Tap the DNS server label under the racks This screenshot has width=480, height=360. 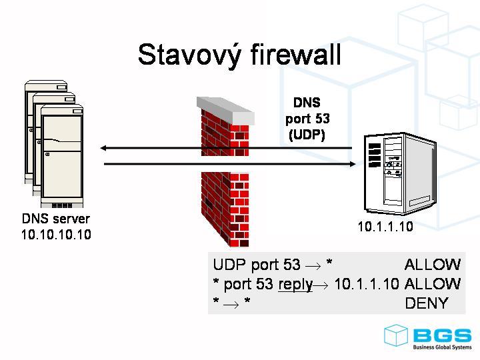pos(56,219)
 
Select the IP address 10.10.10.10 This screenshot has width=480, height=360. pos(56,235)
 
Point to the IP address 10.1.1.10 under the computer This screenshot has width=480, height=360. pos(385,227)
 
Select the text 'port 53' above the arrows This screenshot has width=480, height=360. pos(307,119)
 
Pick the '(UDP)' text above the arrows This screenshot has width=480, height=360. pos(307,134)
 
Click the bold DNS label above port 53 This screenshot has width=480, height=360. pos(307,103)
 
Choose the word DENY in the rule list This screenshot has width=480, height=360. pos(427,303)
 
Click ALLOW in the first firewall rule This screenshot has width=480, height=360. pos(432,265)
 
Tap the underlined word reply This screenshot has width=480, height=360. pos(295,284)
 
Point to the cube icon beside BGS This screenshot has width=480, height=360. pos(396,335)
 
